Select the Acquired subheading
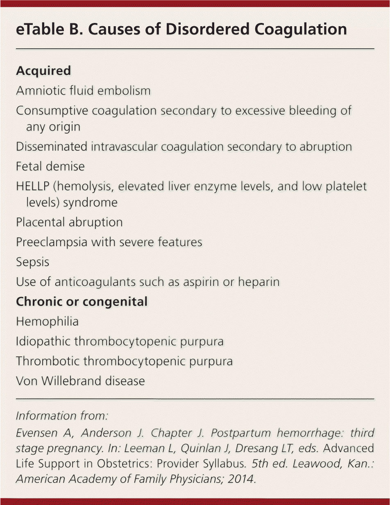click(43, 71)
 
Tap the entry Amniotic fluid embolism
click(83, 91)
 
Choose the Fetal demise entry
click(50, 166)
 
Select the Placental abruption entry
click(69, 222)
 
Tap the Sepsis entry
click(32, 262)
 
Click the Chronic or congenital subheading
click(82, 302)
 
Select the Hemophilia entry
click(47, 322)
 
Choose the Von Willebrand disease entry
click(80, 381)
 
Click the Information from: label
click(61, 416)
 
